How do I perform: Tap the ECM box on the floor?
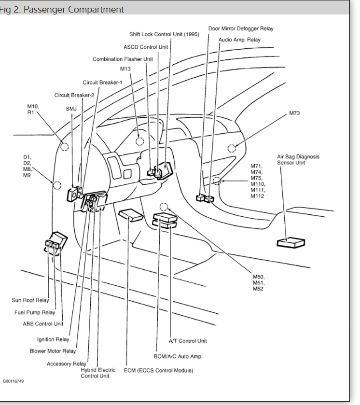[130, 214]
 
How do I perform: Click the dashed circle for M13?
[140, 141]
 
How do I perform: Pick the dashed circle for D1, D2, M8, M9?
[57, 184]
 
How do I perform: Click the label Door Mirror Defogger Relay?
[241, 28]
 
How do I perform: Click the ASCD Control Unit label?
[146, 47]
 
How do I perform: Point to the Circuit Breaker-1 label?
[102, 83]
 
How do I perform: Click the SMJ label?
[71, 109]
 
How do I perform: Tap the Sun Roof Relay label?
[30, 300]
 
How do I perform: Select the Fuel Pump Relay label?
[35, 312]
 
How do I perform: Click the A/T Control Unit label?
[188, 341]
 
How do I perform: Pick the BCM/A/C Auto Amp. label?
[178, 356]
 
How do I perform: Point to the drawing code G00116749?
[13, 381]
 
